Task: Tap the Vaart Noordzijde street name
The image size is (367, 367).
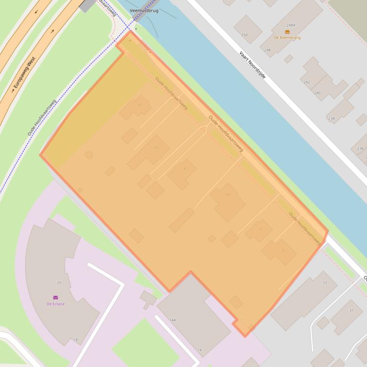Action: pos(252,65)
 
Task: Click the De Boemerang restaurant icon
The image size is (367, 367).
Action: pos(287,32)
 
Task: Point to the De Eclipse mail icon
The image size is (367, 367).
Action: pos(55,297)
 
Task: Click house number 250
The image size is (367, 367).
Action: pos(244,35)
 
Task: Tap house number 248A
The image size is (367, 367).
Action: pos(291,25)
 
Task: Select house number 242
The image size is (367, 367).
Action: pos(307,82)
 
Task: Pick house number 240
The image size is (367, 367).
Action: pos(317,93)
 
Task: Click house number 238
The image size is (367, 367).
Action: pos(331,118)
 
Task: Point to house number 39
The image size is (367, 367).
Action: pos(227,194)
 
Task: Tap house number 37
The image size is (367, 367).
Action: pos(260,229)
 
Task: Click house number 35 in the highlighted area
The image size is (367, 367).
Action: pos(283,250)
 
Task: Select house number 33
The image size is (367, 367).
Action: pos(325,283)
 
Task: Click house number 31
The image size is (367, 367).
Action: pos(351,310)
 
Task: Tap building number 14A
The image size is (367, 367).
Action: pos(173,320)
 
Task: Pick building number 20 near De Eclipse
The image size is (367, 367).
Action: pos(59,283)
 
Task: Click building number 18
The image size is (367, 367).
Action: pos(75,340)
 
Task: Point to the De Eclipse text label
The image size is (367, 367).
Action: pos(55,304)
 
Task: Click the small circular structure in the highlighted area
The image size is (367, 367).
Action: pos(89,155)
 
